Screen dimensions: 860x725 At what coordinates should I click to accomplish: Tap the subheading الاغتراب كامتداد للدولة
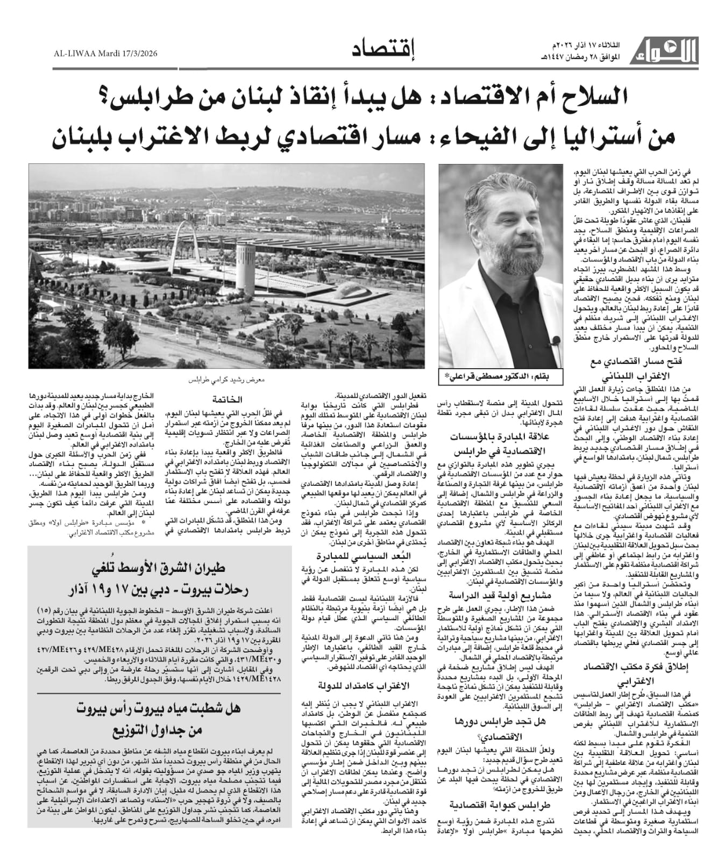362,685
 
